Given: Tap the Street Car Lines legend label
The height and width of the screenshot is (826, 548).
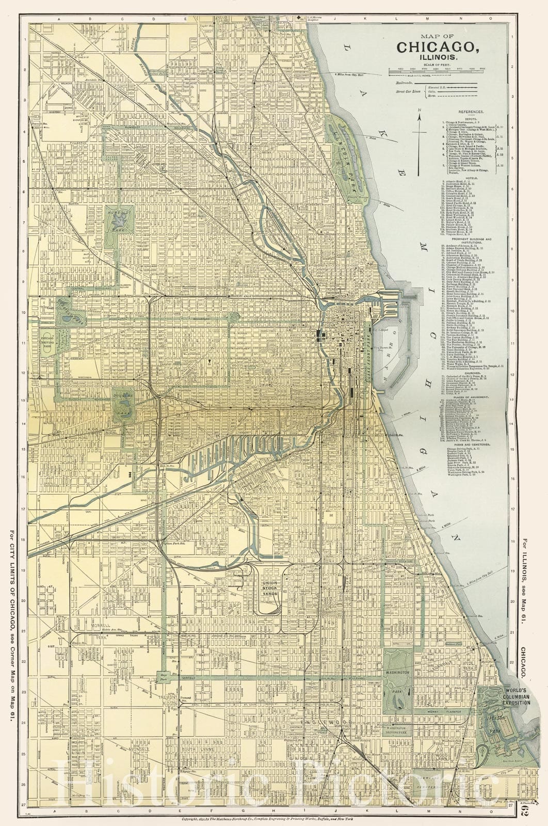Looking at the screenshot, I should coord(408,91).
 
